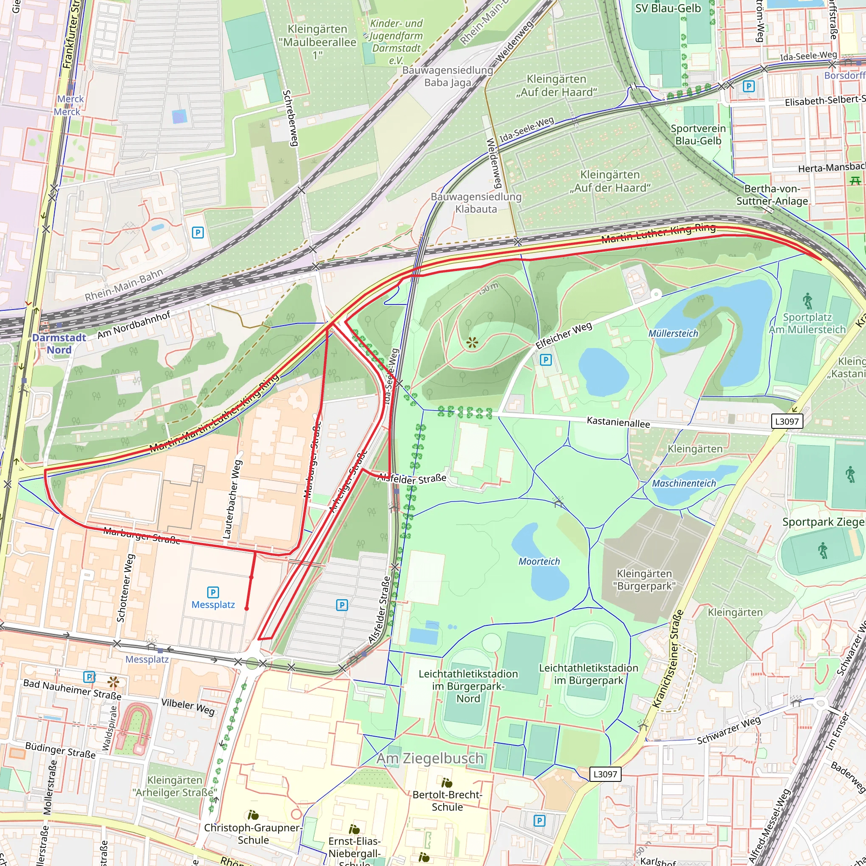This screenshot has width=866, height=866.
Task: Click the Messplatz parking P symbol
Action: click(213, 592)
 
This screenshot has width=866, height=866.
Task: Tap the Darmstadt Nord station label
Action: click(59, 344)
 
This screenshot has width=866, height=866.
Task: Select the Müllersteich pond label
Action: click(673, 334)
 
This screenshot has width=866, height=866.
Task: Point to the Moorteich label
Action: click(539, 561)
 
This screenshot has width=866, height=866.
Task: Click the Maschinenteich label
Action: click(684, 483)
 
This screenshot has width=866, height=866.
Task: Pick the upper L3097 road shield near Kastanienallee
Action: click(787, 421)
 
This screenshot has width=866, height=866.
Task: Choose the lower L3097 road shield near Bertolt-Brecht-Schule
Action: click(605, 774)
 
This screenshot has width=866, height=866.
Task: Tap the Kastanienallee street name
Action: click(618, 422)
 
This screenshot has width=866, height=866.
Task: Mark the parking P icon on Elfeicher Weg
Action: click(545, 359)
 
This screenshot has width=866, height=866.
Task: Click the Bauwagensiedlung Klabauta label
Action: click(476, 203)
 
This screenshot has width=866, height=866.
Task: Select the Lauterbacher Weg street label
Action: click(233, 499)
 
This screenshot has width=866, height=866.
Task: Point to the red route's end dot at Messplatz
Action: click(247, 608)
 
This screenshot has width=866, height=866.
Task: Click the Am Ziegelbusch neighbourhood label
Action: click(430, 759)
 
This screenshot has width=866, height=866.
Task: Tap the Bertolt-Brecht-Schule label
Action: click(447, 800)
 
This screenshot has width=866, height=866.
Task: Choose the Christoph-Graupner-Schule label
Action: click(253, 834)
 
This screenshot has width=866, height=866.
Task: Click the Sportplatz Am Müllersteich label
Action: click(807, 323)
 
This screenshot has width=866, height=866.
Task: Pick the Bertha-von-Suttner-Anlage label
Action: click(772, 195)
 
